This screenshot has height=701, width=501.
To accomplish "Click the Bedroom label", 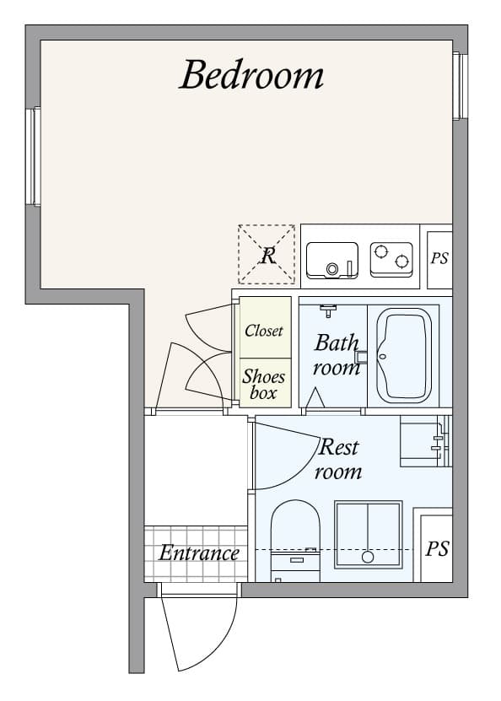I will coord(251,75).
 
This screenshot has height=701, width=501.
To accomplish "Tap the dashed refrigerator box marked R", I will coord(267,254).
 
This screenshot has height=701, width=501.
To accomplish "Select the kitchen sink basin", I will coord(331,260).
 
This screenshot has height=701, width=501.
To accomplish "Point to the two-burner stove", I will coord(391,260).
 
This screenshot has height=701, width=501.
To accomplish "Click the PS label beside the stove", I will coord(439,259).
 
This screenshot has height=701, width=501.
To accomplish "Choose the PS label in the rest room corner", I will coord(436,549).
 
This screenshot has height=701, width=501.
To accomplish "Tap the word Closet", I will coord(264,331).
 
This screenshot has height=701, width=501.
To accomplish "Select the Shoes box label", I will coord(264,384).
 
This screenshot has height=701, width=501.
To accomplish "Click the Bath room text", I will coord(337,355).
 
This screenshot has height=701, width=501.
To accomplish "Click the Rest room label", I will coord(338,459).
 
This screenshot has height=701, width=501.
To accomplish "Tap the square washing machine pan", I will coord(368,534).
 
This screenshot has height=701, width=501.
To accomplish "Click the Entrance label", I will coord(199,553).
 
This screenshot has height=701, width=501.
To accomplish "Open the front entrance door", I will coord(194,628).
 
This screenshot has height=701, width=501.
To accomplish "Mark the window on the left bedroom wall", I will coord(33,156).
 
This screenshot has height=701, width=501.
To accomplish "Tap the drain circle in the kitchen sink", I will coord(331,269).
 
